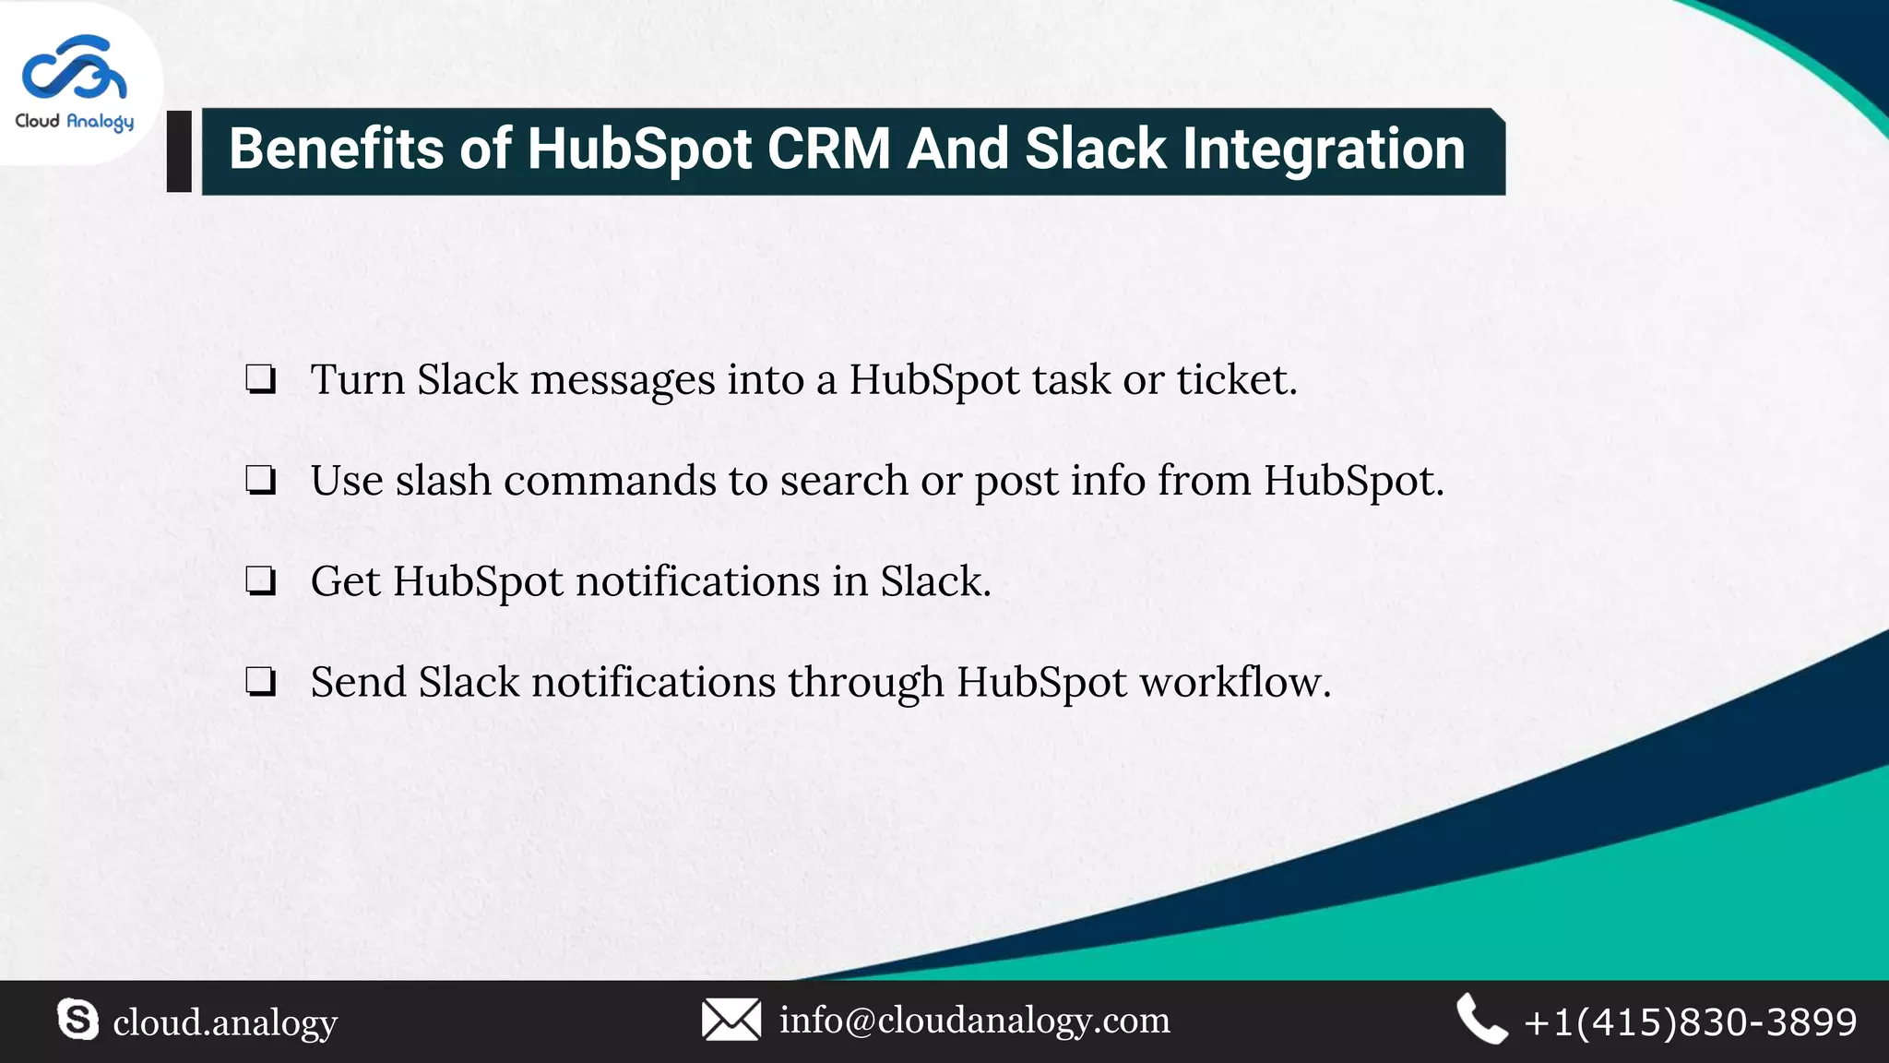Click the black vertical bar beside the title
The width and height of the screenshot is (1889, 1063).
pyautogui.click(x=179, y=151)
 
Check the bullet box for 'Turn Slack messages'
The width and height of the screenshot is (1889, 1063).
pyautogui.click(x=260, y=380)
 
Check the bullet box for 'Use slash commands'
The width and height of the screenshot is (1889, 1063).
pyautogui.click(x=260, y=481)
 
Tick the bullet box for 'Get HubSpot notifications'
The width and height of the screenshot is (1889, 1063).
pyautogui.click(x=260, y=581)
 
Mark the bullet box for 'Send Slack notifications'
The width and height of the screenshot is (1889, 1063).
pyautogui.click(x=260, y=682)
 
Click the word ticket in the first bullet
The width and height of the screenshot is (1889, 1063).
pyautogui.click(x=1236, y=380)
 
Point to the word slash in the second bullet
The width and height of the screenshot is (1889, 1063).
pyautogui.click(x=443, y=481)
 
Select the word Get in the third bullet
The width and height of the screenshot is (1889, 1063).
pyautogui.click(x=345, y=582)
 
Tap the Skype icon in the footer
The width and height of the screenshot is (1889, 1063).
pyautogui.click(x=77, y=1020)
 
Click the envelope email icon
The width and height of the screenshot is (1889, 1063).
pyautogui.click(x=731, y=1020)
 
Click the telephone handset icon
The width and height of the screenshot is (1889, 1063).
pyautogui.click(x=1480, y=1020)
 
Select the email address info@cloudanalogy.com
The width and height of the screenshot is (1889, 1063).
pyautogui.click(x=974, y=1021)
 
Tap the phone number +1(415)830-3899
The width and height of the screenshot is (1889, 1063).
pyautogui.click(x=1690, y=1022)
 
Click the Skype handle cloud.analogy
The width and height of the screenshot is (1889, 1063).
pyautogui.click(x=225, y=1022)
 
